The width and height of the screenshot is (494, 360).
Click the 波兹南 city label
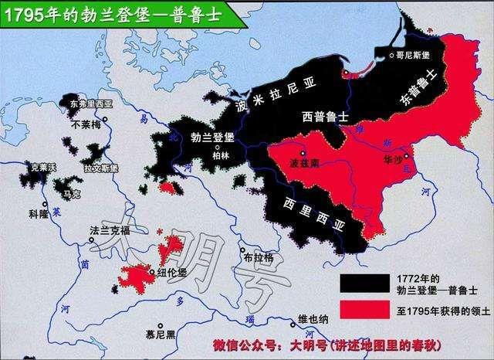(301, 165)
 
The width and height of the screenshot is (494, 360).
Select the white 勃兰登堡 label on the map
(208, 134)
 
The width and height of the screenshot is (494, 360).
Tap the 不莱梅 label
(86, 122)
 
